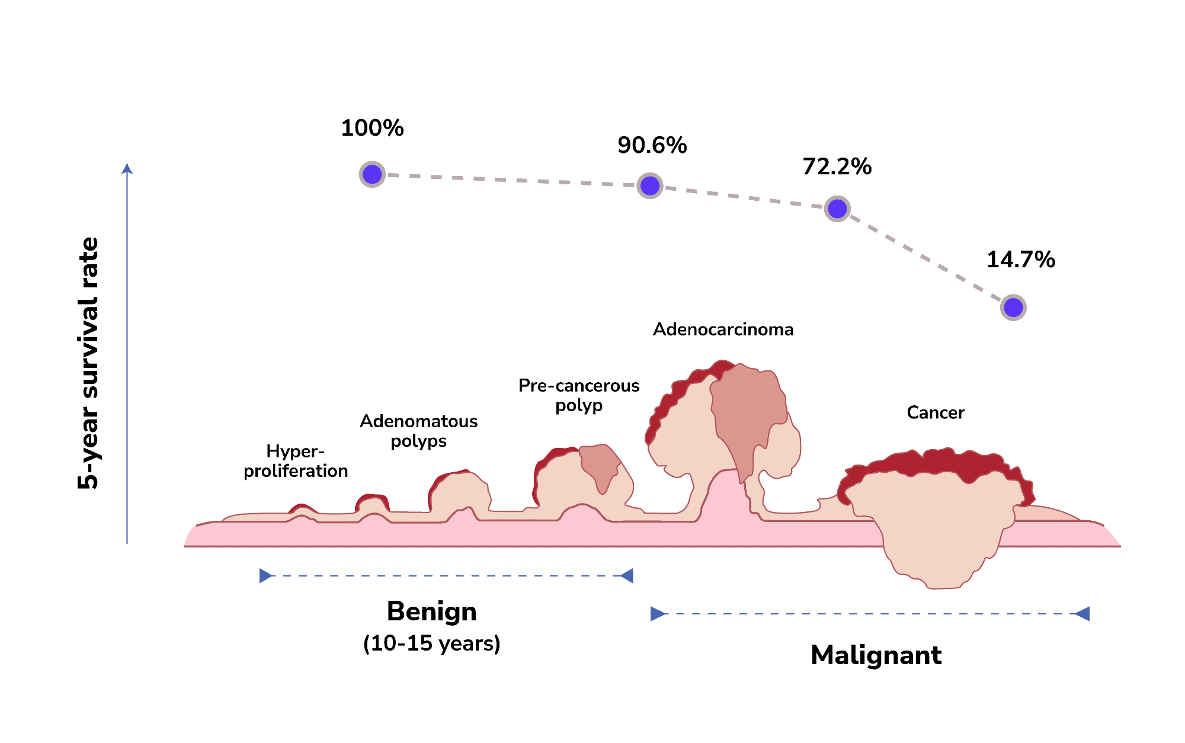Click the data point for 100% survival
click(372, 174)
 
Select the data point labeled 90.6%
click(650, 186)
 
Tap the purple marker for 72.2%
click(837, 209)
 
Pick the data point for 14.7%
click(1013, 308)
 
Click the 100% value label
click(372, 128)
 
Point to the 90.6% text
click(652, 145)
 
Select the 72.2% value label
click(837, 166)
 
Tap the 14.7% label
click(1020, 260)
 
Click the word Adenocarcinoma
click(723, 329)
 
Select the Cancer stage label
click(935, 412)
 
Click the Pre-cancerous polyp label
click(579, 395)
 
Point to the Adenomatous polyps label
click(418, 431)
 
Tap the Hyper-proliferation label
click(296, 461)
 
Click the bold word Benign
click(431, 611)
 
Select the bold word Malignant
click(876, 655)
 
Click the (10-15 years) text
click(431, 643)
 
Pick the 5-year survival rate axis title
click(88, 363)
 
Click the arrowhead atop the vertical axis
click(127, 169)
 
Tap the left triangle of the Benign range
click(265, 575)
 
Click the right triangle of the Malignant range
click(1082, 614)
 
